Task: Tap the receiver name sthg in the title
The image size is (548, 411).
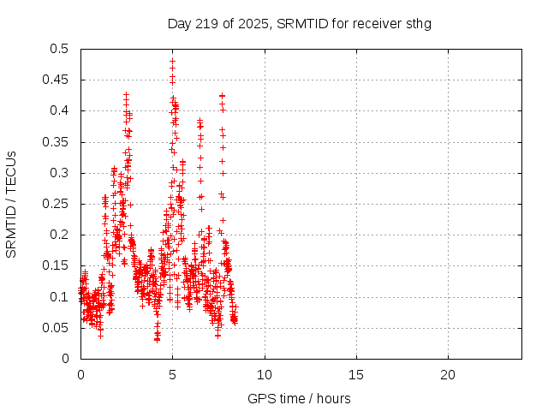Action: click(x=418, y=23)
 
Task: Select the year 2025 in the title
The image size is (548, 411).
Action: click(x=256, y=23)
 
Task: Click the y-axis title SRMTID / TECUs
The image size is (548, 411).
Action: click(x=12, y=204)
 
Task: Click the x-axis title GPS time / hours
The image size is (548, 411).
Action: click(x=299, y=398)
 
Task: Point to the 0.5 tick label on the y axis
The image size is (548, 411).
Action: click(x=59, y=49)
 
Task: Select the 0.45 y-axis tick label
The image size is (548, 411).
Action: click(x=56, y=80)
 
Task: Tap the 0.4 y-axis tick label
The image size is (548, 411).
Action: click(x=59, y=111)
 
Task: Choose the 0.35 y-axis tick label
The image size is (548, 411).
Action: click(x=56, y=142)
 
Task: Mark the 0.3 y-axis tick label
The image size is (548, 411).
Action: click(x=59, y=173)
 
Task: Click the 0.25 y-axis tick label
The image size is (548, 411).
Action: click(x=56, y=204)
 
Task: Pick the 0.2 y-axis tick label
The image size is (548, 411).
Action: click(x=59, y=235)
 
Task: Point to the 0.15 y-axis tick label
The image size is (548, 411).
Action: click(x=56, y=265)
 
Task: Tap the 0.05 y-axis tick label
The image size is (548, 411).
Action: click(x=56, y=328)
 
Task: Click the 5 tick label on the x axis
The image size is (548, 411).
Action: click(x=172, y=375)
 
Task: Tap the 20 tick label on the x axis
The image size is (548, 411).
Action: click(x=448, y=375)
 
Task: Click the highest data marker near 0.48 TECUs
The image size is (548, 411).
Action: click(x=172, y=61)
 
